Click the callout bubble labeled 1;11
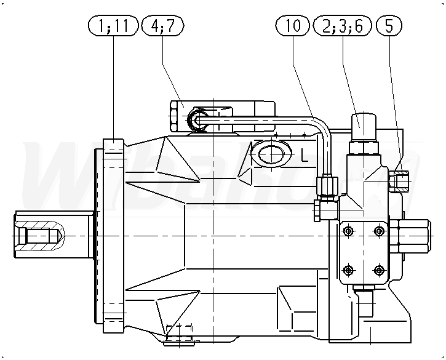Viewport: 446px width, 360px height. click(x=113, y=26)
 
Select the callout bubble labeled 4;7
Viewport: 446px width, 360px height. click(x=162, y=26)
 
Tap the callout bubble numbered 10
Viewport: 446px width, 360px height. click(x=292, y=26)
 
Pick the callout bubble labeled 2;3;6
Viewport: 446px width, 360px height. click(x=343, y=26)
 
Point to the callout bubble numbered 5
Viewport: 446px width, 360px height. click(x=389, y=26)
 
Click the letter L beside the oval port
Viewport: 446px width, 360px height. click(x=305, y=156)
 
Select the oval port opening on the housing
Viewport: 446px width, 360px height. click(x=271, y=154)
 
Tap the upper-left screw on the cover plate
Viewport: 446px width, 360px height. click(x=348, y=231)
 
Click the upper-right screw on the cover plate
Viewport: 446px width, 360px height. click(x=378, y=231)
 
